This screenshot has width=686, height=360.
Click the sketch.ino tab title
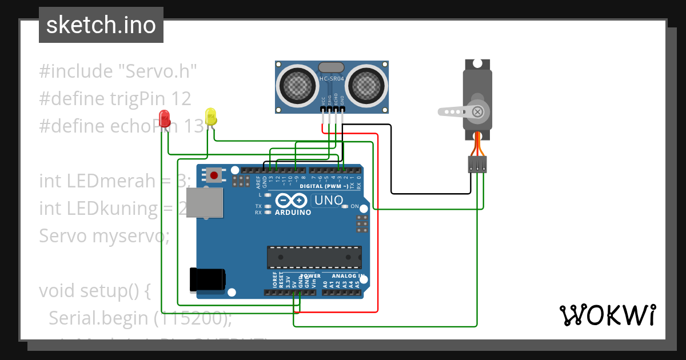point(101,25)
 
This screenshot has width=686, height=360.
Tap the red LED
point(165,118)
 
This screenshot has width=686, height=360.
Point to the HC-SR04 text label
point(332,79)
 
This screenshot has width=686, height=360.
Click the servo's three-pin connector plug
point(477,165)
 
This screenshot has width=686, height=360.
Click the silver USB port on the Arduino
point(205,203)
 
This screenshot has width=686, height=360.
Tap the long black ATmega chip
point(314,257)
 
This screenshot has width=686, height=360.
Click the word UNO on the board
point(329,201)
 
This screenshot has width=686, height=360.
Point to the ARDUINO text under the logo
point(293,213)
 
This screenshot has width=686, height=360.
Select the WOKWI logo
point(607,315)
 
